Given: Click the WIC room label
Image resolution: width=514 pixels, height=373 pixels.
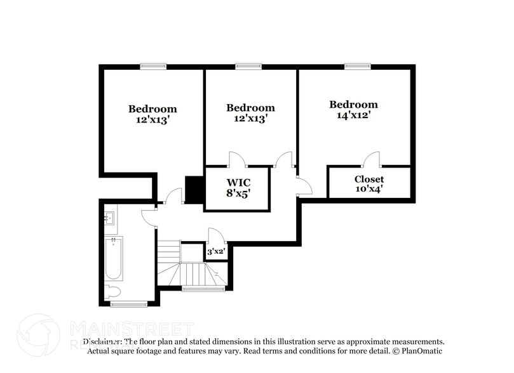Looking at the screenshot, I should click(x=238, y=182).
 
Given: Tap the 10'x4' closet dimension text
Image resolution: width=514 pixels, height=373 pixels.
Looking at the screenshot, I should click(x=369, y=188).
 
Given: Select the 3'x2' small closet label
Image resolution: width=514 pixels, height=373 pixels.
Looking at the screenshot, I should click(x=216, y=252).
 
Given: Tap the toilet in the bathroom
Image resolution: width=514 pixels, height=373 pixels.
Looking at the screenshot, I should click(x=112, y=292).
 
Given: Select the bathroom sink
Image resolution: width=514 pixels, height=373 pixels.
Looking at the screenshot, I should click(x=109, y=218).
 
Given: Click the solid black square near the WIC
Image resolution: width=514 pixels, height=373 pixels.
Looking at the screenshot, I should click(x=193, y=188).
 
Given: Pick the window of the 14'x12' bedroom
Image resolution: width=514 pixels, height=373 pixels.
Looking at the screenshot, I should click(x=358, y=65).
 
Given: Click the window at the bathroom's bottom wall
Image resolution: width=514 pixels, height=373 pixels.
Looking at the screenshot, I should click(x=129, y=304).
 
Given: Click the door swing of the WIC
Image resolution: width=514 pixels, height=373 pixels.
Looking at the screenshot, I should click(x=237, y=159).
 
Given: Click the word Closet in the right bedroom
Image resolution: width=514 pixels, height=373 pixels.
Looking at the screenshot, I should click(x=369, y=179).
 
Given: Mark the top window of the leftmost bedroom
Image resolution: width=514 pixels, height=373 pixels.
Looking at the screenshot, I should click(x=153, y=65).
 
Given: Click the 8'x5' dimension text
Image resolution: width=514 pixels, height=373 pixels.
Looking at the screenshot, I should click(x=238, y=193).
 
